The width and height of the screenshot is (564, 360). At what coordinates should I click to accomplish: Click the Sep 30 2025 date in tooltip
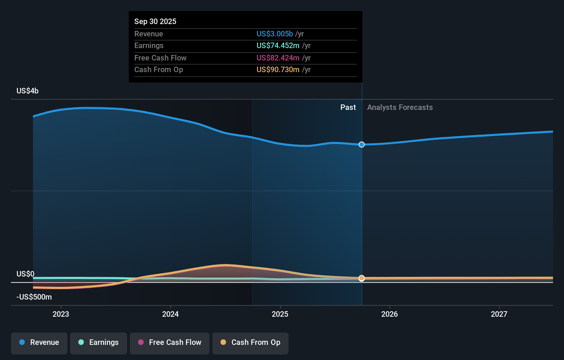tap(155, 21)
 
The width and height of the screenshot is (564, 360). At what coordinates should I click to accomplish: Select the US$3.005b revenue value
tap(274, 34)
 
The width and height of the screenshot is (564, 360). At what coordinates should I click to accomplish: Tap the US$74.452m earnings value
tap(278, 45)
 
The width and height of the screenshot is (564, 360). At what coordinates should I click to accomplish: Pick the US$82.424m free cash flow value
tap(278, 58)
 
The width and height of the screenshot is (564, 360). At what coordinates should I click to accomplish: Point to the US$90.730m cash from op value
tap(278, 69)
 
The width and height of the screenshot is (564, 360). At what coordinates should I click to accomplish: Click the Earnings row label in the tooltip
tap(149, 45)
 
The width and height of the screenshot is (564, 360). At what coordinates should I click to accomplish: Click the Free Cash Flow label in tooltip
tap(160, 58)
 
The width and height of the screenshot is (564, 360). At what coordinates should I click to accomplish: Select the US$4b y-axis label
tap(27, 91)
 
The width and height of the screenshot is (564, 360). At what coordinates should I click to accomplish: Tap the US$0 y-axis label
tap(25, 274)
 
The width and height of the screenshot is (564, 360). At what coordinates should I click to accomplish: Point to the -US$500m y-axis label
tap(34, 297)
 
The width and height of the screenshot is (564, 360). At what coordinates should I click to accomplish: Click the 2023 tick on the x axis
tap(61, 314)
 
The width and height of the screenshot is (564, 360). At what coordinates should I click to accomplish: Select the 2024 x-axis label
tap(170, 314)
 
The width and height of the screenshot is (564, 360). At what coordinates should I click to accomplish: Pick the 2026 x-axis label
tap(389, 314)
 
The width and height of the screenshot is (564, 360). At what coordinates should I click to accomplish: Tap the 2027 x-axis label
tap(499, 314)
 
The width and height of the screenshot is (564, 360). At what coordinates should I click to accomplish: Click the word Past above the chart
tap(348, 107)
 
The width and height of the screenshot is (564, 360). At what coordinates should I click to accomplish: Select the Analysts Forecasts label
tap(400, 107)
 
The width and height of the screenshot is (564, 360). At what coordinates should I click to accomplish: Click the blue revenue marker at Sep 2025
tap(362, 145)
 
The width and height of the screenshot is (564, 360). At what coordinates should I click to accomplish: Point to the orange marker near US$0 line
tap(362, 278)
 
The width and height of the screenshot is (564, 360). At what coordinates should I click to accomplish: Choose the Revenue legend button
tap(39, 343)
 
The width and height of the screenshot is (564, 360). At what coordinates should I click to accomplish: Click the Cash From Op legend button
tap(250, 343)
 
